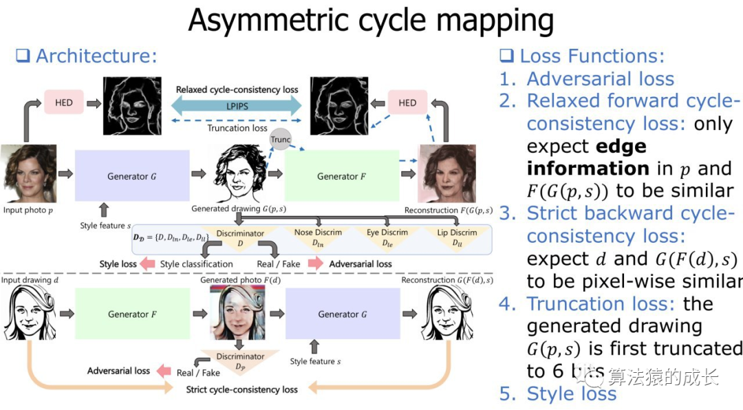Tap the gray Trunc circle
[x=281, y=140]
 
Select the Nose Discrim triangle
[x=318, y=238]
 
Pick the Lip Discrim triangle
[x=457, y=238]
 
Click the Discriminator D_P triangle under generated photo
[x=240, y=362]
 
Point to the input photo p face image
[x=27, y=173]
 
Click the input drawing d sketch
[x=29, y=313]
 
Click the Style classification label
[x=196, y=263]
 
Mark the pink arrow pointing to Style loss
[x=147, y=263]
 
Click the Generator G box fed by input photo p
[x=132, y=176]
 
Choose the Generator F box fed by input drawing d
[x=132, y=314]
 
